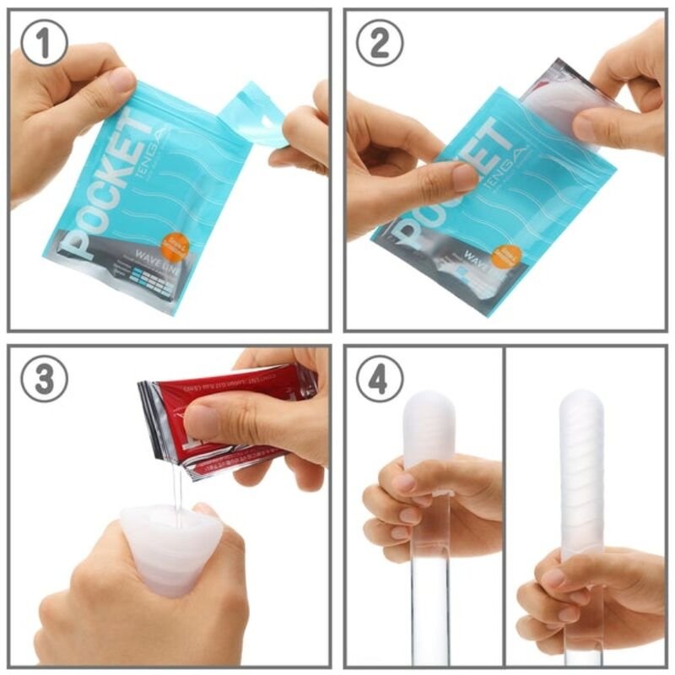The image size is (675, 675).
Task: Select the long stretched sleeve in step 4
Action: click(582, 472)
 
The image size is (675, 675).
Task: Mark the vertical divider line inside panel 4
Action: click(505, 506)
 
